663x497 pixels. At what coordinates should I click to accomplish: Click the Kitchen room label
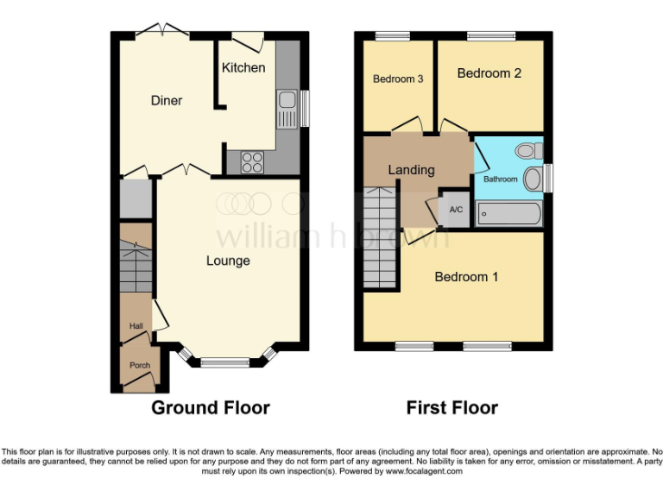(243, 67)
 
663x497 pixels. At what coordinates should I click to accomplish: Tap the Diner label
(167, 101)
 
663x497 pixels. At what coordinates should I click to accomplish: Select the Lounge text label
(228, 261)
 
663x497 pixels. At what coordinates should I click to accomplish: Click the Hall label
(136, 326)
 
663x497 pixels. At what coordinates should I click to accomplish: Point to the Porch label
(139, 365)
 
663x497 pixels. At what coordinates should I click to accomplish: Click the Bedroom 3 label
(398, 79)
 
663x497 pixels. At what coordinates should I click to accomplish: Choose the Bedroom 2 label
(489, 73)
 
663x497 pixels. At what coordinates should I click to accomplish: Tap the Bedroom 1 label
(466, 277)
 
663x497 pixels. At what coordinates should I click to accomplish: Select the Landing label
(411, 170)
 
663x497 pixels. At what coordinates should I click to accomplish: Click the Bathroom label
(500, 179)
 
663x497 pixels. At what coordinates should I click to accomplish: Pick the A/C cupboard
(455, 209)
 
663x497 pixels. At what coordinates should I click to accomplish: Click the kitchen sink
(286, 109)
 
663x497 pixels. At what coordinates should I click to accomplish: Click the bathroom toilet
(527, 151)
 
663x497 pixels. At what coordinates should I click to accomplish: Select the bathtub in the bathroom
(508, 213)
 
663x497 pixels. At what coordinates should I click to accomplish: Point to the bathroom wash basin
(533, 179)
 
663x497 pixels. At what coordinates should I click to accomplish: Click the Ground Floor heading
(211, 407)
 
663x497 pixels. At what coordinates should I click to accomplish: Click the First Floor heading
(452, 407)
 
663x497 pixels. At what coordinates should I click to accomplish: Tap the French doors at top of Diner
(163, 32)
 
